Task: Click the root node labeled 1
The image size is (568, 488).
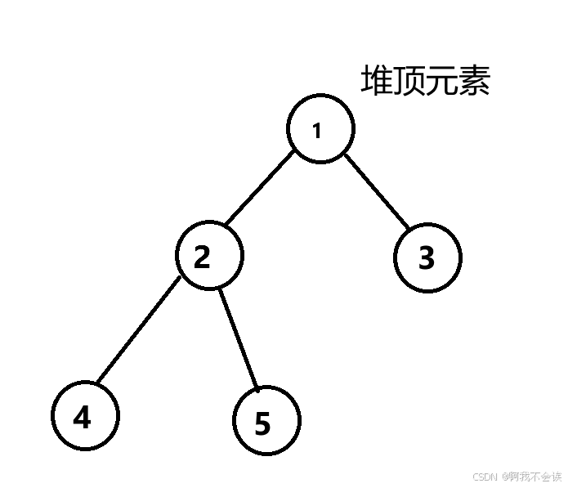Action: (320, 129)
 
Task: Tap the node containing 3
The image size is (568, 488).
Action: (427, 257)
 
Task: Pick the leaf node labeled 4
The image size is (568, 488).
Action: (84, 416)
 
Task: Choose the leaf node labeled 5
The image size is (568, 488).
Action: (266, 421)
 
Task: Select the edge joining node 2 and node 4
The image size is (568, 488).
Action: (137, 332)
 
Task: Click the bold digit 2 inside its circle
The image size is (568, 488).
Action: (202, 257)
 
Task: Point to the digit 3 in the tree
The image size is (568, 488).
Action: (427, 258)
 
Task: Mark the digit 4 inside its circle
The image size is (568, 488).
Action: (82, 417)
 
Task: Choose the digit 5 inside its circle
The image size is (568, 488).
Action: (262, 424)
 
